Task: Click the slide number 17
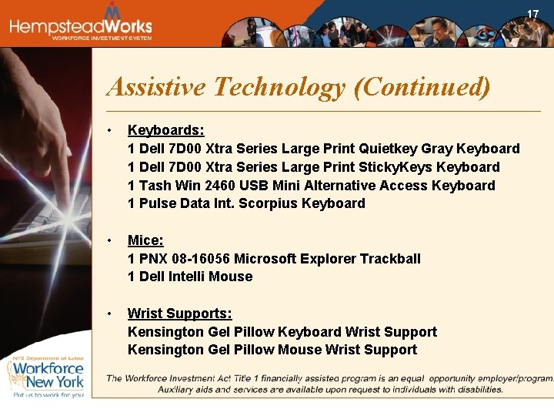532,15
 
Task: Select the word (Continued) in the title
421,87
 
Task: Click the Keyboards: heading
165,130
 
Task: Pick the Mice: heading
145,240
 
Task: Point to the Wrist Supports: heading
179,314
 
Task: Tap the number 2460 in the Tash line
222,186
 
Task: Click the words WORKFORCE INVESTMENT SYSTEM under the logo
102,38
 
